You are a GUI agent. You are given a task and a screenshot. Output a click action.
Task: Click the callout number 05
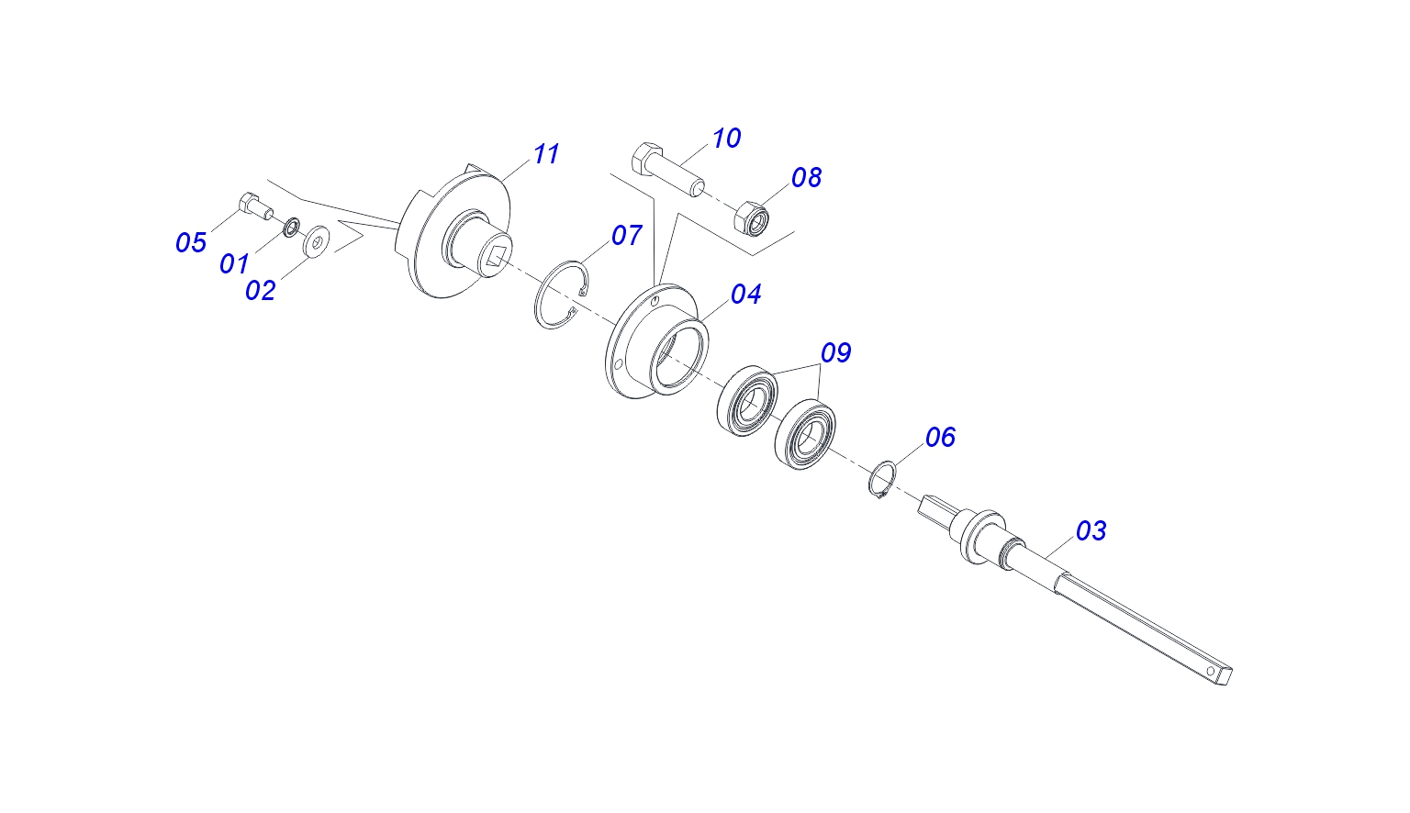pyautogui.click(x=191, y=243)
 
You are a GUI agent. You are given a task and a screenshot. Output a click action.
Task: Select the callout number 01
pyautogui.click(x=234, y=263)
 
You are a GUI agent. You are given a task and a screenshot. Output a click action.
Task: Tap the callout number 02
pyautogui.click(x=261, y=291)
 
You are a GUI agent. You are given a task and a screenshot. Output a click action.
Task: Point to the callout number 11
pyautogui.click(x=546, y=154)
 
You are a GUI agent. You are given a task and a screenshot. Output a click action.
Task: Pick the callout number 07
pyautogui.click(x=626, y=235)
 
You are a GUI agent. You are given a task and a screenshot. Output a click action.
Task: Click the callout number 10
pyautogui.click(x=726, y=139)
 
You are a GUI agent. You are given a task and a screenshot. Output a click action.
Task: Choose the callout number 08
pyautogui.click(x=806, y=178)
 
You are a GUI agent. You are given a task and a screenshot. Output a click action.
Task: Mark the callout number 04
pyautogui.click(x=746, y=294)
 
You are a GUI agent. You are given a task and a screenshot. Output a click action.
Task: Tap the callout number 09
pyautogui.click(x=836, y=353)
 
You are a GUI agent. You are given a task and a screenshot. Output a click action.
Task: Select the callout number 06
pyautogui.click(x=940, y=438)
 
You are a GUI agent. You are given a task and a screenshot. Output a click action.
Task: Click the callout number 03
pyautogui.click(x=1091, y=531)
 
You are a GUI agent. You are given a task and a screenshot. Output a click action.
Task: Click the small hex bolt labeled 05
pyautogui.click(x=255, y=206)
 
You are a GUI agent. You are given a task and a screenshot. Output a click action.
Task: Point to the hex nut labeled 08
pyautogui.click(x=752, y=218)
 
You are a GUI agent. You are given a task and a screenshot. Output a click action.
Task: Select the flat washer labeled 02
pyautogui.click(x=315, y=240)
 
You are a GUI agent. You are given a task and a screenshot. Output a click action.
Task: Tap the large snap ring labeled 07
pyautogui.click(x=562, y=295)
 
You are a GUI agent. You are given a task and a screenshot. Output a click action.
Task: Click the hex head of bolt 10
pyautogui.click(x=646, y=158)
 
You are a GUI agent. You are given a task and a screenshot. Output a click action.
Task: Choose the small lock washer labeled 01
pyautogui.click(x=291, y=228)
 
